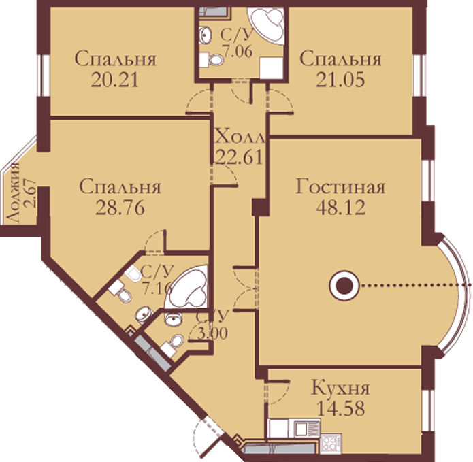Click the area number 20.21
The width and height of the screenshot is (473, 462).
click(114, 80)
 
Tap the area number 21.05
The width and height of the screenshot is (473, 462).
click(340, 80)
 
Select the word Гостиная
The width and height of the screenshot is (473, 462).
click(340, 187)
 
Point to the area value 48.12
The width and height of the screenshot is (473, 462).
click(340, 208)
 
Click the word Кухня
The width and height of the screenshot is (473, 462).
click(340, 388)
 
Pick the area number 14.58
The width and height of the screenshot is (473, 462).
click(340, 408)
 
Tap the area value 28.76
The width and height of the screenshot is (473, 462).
click(120, 208)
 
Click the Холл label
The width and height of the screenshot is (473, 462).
click(240, 137)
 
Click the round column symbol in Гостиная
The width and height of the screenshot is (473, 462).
click(344, 286)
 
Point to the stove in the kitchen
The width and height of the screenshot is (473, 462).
click(331, 443)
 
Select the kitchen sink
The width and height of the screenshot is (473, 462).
click(304, 429)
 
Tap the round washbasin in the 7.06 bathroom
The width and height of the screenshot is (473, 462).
click(206, 34)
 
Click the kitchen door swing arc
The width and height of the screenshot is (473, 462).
click(280, 393)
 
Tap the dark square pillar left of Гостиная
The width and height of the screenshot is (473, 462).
click(260, 207)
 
